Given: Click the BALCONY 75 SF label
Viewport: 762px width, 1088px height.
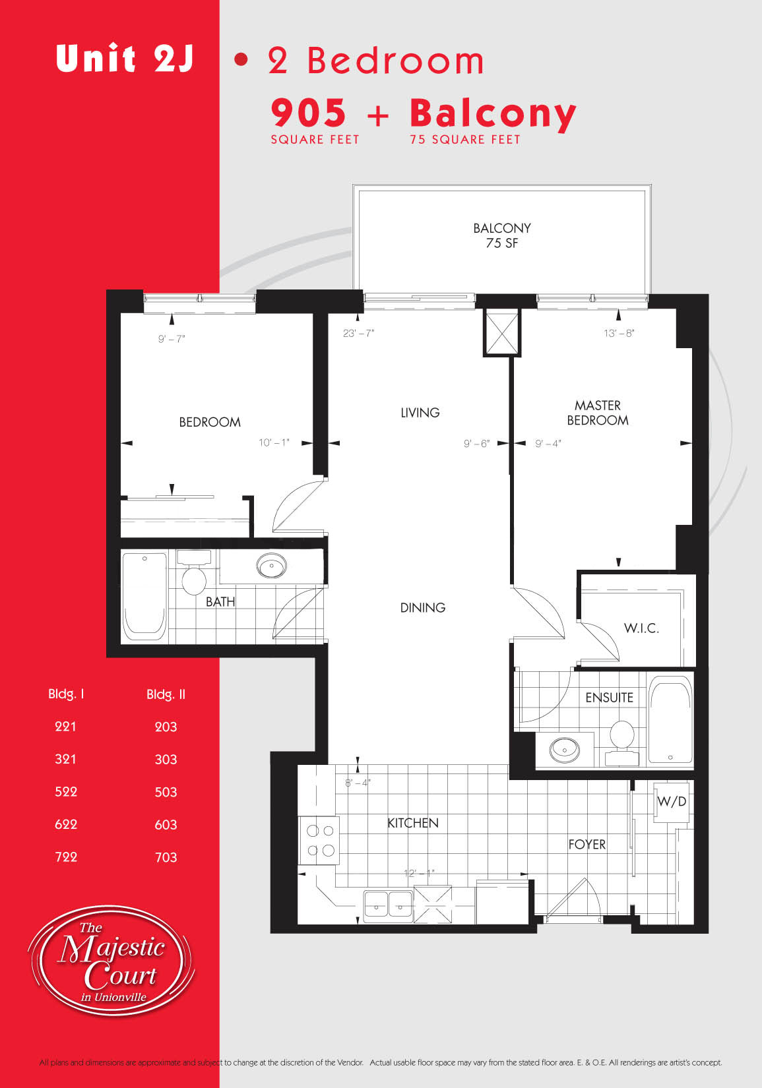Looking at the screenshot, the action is click(502, 235).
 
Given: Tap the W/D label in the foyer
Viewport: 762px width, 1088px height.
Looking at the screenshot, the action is click(672, 801).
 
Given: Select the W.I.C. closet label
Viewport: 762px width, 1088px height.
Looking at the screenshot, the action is click(641, 628).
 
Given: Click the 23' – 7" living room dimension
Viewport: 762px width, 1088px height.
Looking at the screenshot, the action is click(359, 333).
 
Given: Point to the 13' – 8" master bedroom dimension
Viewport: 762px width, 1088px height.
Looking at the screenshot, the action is click(619, 333).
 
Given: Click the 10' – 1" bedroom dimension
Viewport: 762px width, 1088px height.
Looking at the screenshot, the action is click(274, 442).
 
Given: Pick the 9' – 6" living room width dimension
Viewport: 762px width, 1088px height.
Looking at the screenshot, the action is click(477, 444).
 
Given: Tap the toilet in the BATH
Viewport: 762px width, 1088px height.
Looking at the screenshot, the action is click(194, 572).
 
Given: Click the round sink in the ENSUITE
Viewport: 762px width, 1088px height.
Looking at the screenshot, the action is click(564, 750).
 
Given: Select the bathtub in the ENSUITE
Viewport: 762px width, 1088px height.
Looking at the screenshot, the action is click(671, 719).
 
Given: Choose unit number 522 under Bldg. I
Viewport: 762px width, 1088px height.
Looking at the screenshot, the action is click(66, 792).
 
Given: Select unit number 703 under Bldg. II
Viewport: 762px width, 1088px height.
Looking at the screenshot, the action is click(166, 857).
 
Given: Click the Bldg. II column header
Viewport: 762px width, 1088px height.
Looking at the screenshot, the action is click(166, 694).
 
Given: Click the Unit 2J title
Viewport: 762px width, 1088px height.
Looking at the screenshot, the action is click(125, 58).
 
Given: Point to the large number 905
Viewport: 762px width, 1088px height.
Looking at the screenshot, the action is click(309, 113).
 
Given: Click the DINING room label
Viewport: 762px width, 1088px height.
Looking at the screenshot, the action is click(422, 607).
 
